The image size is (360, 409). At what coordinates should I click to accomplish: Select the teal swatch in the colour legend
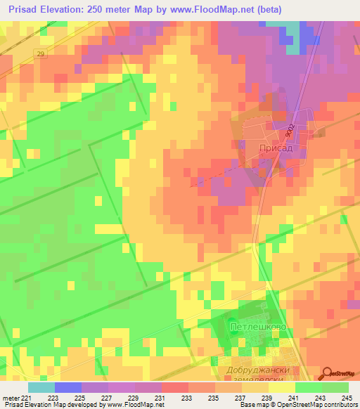point(41,387)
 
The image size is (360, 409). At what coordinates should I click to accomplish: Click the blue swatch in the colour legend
point(68,387)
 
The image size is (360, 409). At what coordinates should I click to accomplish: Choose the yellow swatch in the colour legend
point(282,387)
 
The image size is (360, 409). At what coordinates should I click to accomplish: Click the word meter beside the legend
point(11,397)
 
